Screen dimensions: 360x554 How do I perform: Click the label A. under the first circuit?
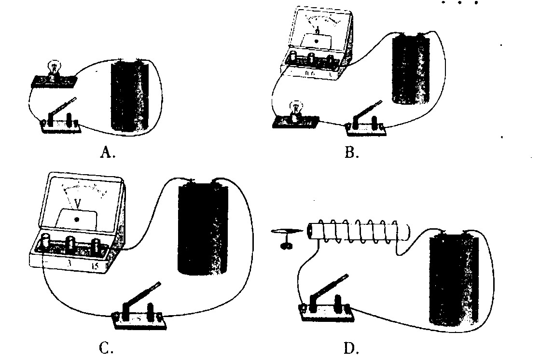click(x=108, y=153)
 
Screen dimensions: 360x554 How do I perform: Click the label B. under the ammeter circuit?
click(x=351, y=153)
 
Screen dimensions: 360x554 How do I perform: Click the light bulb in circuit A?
click(x=55, y=69)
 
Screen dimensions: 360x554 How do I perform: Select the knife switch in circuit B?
click(x=365, y=120)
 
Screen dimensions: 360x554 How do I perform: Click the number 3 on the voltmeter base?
click(x=69, y=265)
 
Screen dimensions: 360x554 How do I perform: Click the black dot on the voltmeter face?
click(x=77, y=220)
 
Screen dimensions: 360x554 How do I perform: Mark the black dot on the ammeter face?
click(x=317, y=42)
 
